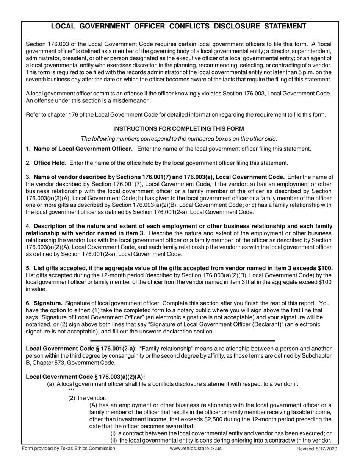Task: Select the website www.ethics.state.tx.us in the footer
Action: coord(196,448)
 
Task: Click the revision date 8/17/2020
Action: coord(325,449)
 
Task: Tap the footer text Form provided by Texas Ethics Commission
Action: coord(69,448)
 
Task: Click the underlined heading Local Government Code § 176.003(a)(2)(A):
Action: coord(85,377)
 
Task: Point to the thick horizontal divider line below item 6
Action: coord(183,341)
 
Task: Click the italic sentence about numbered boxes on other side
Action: coord(179,138)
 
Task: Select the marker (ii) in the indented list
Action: coord(114,440)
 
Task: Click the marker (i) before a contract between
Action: coord(113,433)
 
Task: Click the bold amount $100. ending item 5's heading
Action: coord(325,268)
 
